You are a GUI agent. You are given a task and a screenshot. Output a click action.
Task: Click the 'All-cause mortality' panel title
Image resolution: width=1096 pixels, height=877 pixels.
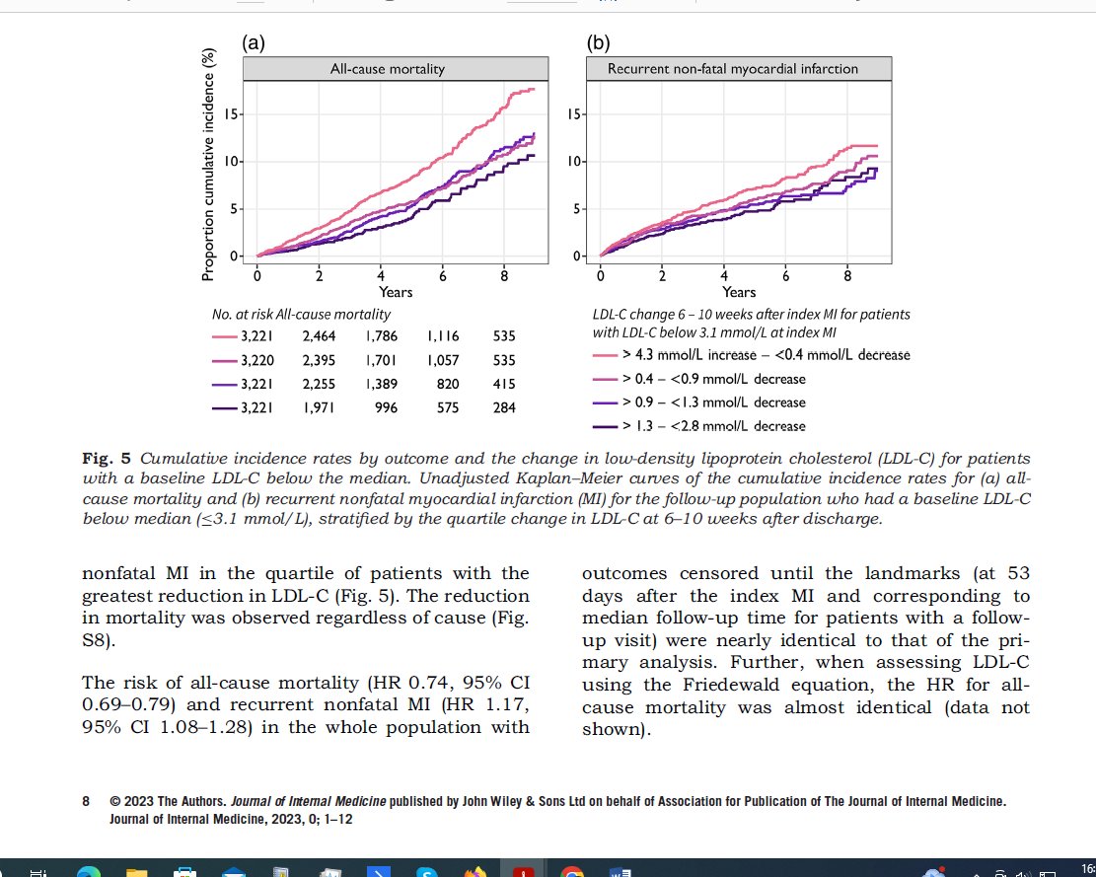click(387, 69)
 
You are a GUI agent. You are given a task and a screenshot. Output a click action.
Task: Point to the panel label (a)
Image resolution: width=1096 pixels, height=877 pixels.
click(253, 43)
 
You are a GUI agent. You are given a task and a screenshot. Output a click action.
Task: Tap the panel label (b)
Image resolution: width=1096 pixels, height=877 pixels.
click(597, 43)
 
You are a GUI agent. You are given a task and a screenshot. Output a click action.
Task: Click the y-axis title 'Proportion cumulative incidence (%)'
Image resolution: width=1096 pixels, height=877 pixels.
click(208, 163)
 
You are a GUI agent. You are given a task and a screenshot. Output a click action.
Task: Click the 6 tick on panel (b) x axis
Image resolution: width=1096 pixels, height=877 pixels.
click(786, 275)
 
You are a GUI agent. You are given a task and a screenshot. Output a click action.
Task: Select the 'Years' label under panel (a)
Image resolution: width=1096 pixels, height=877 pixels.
click(396, 292)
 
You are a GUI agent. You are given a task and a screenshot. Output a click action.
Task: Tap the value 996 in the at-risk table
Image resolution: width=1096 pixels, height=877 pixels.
click(385, 406)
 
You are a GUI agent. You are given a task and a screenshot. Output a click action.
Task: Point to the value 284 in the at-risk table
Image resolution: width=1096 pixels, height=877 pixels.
click(504, 406)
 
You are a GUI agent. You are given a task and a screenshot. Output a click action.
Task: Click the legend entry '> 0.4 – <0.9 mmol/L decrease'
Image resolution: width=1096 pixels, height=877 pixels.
click(712, 379)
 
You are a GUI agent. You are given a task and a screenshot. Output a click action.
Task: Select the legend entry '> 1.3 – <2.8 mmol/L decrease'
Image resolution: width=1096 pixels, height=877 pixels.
click(712, 426)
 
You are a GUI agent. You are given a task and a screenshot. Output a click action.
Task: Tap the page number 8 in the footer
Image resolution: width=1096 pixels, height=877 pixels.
click(87, 802)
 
